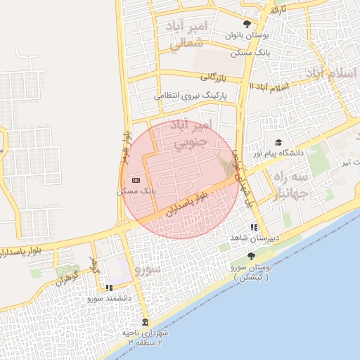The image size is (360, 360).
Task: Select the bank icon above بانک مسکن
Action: [x=136, y=181]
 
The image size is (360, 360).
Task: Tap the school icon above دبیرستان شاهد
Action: [x=254, y=227]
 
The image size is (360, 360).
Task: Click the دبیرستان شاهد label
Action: [x=258, y=238]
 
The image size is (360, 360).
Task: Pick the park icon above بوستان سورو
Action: [x=252, y=256]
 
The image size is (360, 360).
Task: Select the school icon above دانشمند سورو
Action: [x=109, y=287]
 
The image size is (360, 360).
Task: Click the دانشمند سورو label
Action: [x=110, y=298]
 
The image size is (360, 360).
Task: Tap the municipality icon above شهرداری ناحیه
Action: [x=145, y=322]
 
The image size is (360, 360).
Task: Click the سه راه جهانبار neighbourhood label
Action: [x=289, y=184]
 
